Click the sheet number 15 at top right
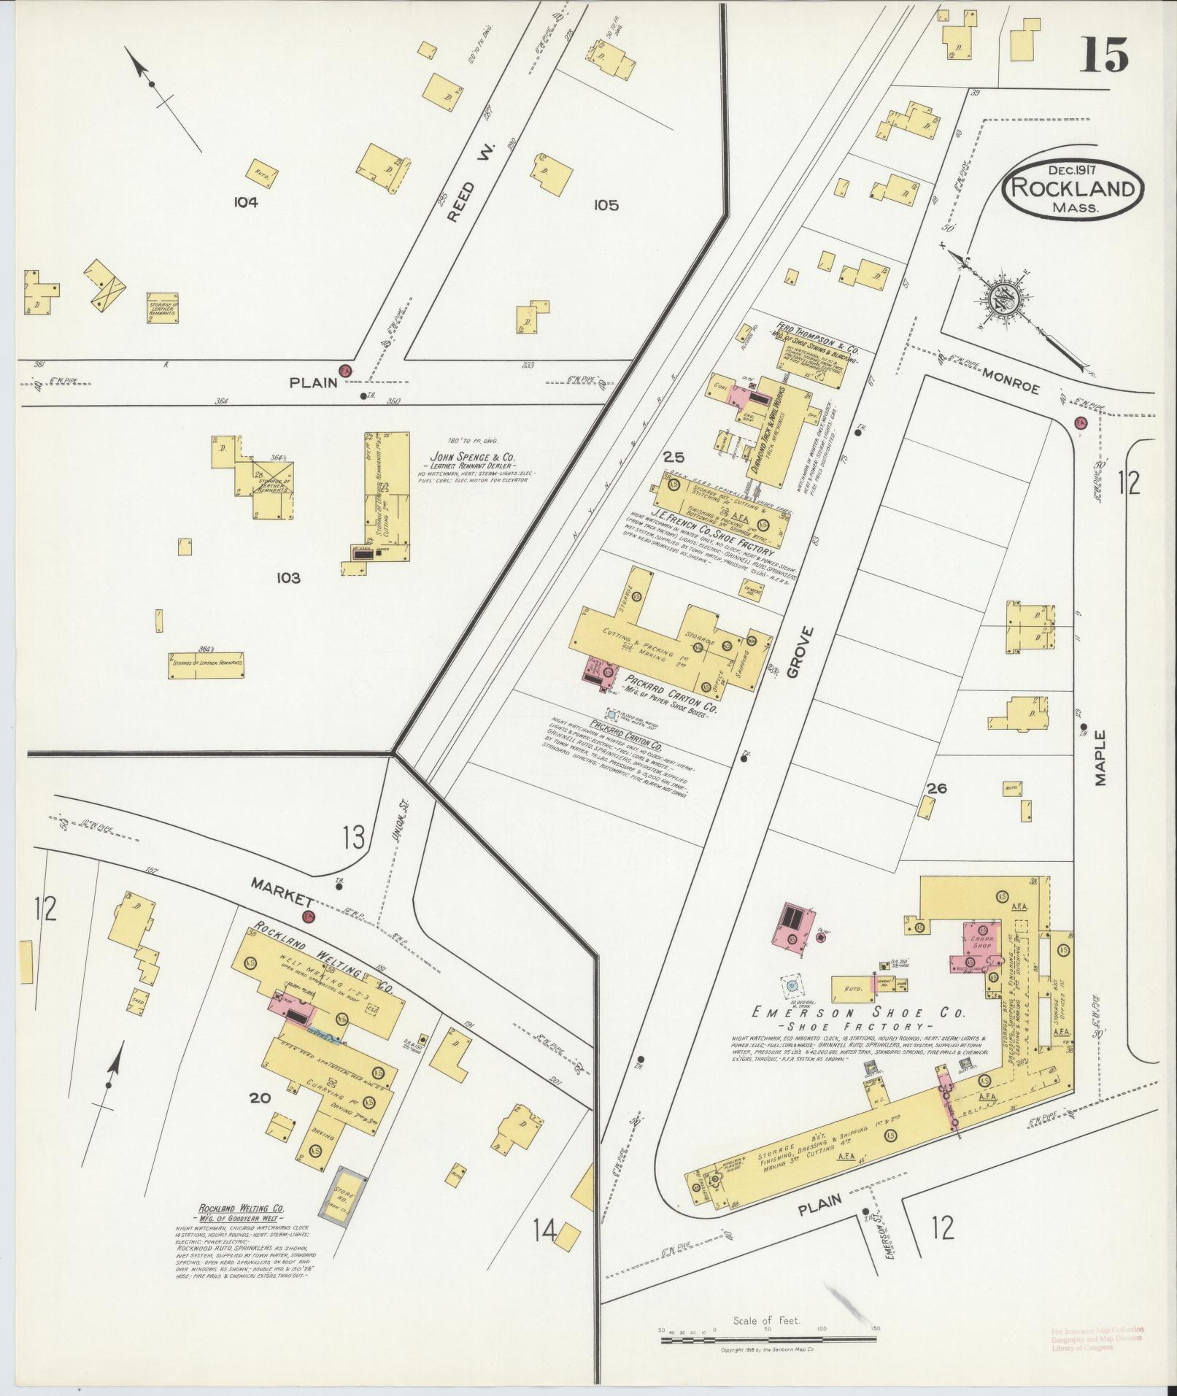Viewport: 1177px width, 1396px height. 1104,54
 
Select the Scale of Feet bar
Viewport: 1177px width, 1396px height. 768,1340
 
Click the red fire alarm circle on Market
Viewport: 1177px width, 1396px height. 309,917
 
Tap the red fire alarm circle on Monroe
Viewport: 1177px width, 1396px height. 1081,423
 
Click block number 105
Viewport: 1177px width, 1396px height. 606,205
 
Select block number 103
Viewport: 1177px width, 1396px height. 288,578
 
